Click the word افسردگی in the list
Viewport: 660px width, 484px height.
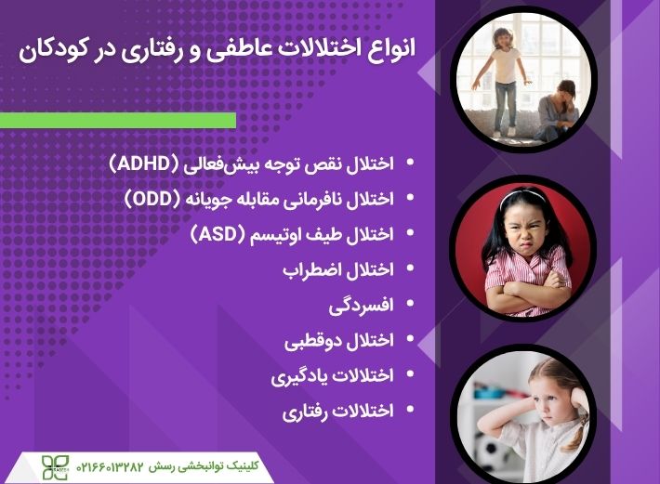(362, 304)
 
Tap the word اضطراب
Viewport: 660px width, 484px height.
(314, 268)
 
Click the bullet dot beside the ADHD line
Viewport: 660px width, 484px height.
(412, 164)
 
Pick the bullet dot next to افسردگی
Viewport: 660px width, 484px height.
(412, 304)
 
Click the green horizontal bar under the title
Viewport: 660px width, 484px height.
(118, 120)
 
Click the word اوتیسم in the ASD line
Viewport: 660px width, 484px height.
(278, 234)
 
